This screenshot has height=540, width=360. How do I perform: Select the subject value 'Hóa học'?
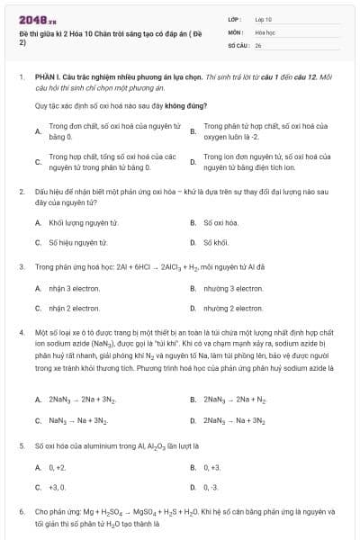[x=265, y=31]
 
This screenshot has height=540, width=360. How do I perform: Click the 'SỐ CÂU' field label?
[x=237, y=43]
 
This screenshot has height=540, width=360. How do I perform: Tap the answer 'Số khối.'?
[x=217, y=242]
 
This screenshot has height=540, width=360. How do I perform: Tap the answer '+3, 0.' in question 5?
[x=58, y=487]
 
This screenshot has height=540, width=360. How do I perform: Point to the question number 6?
[x=21, y=511]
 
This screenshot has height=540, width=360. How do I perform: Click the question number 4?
[x=21, y=333]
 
